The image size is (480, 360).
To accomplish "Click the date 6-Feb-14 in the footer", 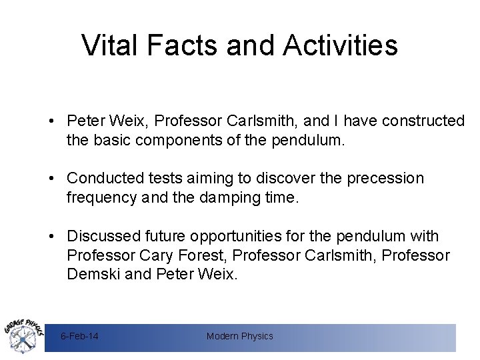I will (79, 337).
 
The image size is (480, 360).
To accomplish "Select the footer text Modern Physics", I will (240, 337).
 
